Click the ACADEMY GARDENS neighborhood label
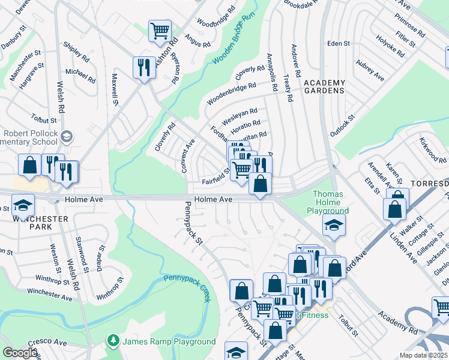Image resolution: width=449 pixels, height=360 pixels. coord(324,86)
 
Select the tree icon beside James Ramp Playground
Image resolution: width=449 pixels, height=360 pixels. coord(113,341)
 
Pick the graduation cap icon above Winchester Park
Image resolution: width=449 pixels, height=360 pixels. coord(23,206)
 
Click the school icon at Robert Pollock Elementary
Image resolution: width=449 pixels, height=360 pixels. coord(66,138)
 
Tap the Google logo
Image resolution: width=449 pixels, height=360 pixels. coord(20,352)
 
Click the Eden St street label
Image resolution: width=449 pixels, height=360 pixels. coord(338,43)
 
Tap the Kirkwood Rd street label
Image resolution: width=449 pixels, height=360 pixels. coord(433,152)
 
